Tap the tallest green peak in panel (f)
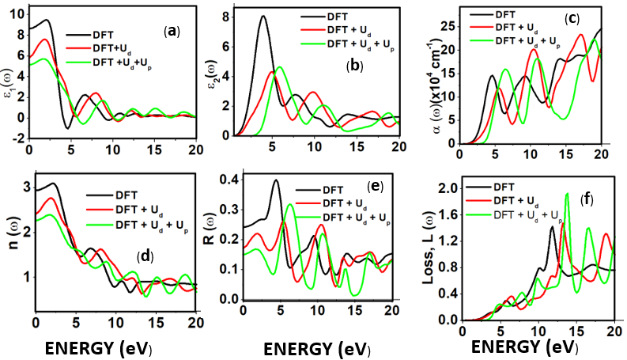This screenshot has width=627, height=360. pos(567,194)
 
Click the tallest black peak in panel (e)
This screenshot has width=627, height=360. pos(276,180)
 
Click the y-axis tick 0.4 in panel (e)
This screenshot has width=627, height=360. pos(230,180)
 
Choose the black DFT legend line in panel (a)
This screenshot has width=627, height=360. pos(77,36)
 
